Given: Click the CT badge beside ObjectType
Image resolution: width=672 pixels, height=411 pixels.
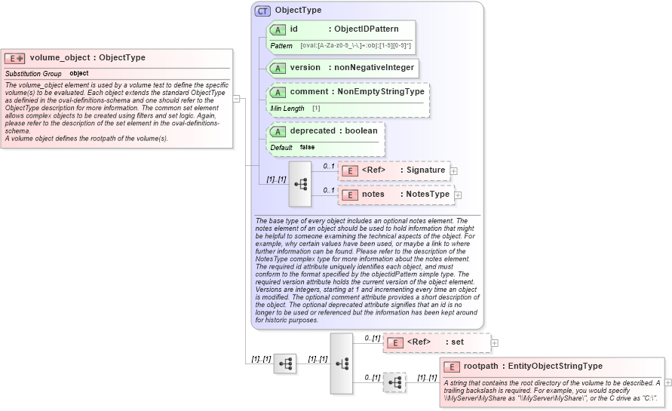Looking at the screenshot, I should (262, 11).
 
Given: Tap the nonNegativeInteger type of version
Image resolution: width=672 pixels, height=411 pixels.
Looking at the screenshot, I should (374, 67).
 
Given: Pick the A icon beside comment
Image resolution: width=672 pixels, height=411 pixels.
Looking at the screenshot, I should (277, 92).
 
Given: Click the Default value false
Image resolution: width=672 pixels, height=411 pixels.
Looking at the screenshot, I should (307, 147).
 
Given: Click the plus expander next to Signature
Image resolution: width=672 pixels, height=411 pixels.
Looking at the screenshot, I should (453, 171).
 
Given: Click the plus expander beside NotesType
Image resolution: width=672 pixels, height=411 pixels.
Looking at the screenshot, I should (458, 195).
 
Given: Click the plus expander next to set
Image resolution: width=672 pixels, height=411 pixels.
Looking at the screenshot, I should (495, 343).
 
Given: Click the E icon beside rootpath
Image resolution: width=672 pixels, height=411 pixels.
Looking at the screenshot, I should (451, 367).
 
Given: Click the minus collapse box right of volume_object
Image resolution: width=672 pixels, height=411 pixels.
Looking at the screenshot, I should (236, 98).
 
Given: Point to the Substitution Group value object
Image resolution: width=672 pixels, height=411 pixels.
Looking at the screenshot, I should (78, 74).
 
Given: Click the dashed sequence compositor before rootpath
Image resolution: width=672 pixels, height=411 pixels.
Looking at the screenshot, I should (394, 382).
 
